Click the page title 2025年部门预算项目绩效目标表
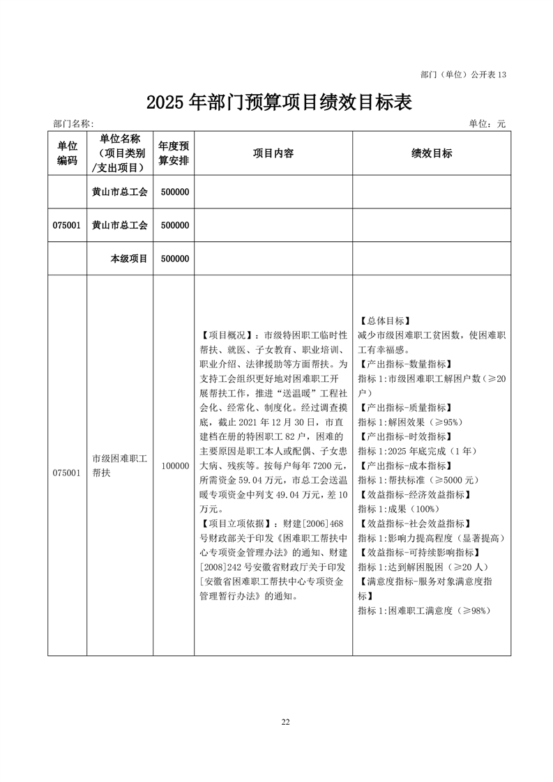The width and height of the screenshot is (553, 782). coord(279,102)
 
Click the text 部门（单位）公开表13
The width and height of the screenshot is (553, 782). coord(464,74)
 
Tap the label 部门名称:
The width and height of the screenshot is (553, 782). coord(73,123)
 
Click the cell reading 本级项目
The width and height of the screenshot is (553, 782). coord(129,259)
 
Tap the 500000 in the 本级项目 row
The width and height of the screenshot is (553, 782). coord(175,259)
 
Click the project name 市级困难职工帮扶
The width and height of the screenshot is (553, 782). coord(119,466)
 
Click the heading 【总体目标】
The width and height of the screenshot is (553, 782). coord(384,321)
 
